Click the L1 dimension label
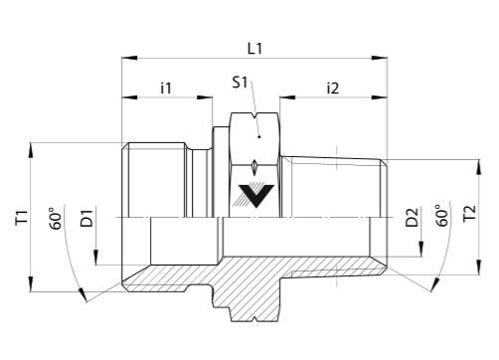[x=254, y=49]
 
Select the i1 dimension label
[x=166, y=89]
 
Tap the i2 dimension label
[x=333, y=89]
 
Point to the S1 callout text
[x=240, y=82]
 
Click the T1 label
[x=22, y=218]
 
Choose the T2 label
[x=470, y=213]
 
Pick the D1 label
[x=86, y=218]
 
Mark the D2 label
[x=413, y=217]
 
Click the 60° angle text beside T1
[x=56, y=219]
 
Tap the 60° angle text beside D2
[x=442, y=216]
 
